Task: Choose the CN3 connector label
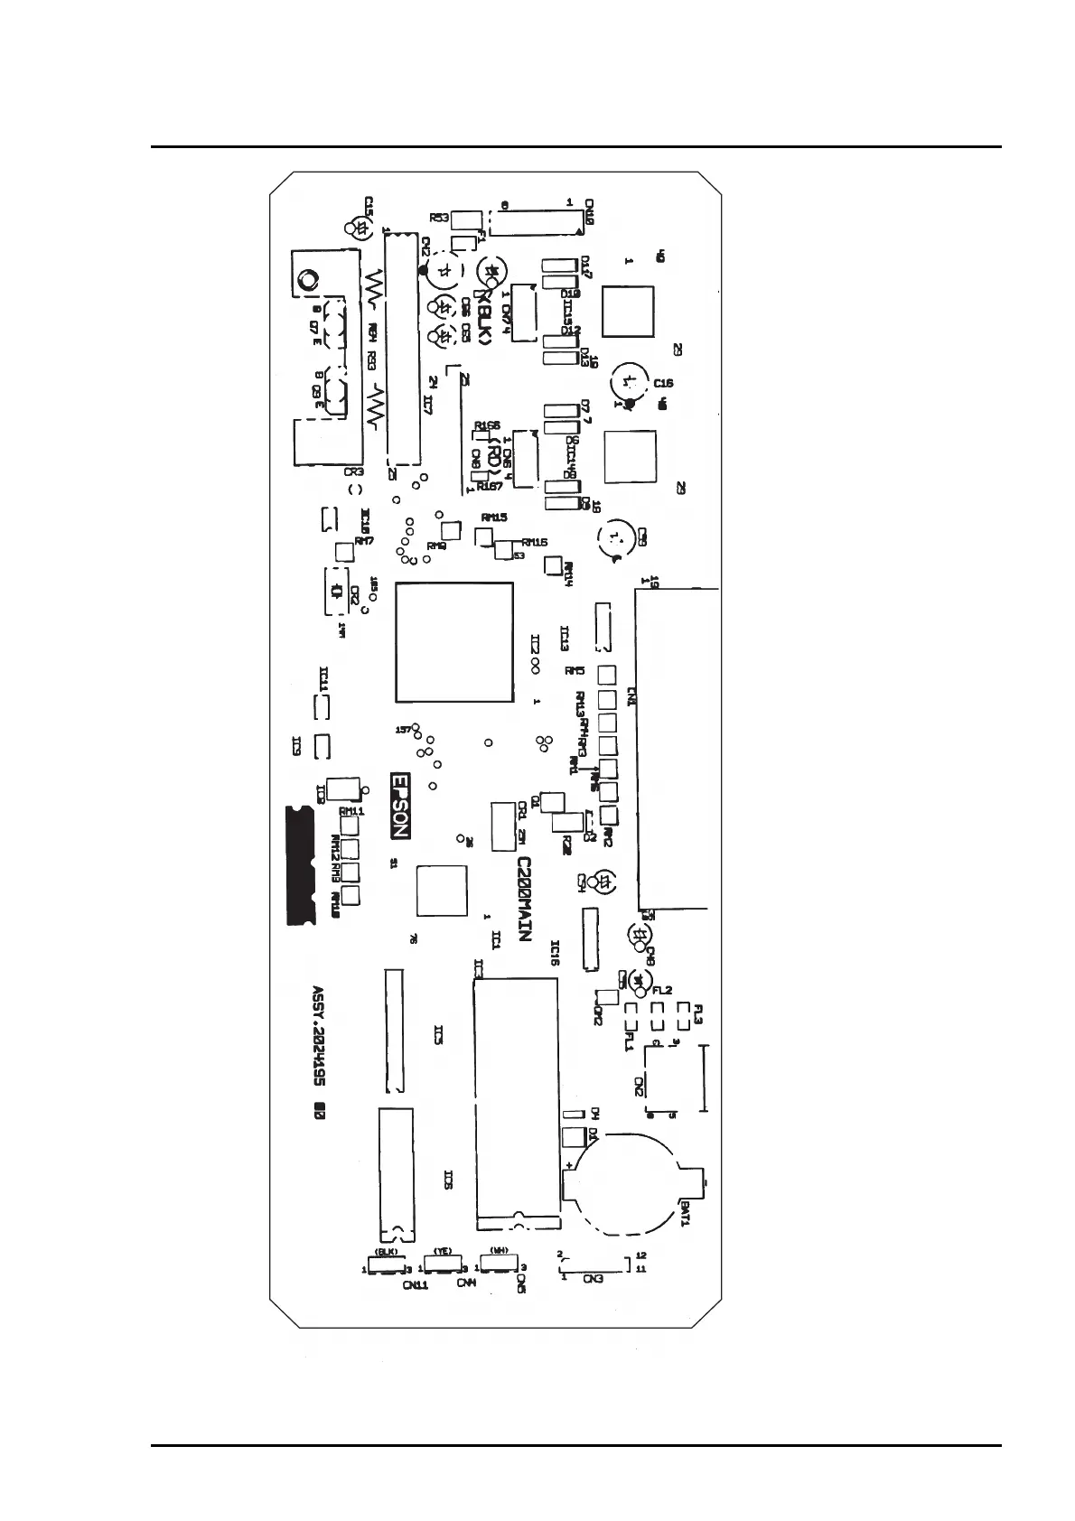[x=593, y=1279]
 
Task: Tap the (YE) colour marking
[x=443, y=1251]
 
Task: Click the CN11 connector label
[x=416, y=1284]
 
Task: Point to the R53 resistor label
[x=439, y=218]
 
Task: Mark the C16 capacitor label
[x=663, y=383]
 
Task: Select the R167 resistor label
[x=490, y=486]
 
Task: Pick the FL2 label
[x=662, y=991]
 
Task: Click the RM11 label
[x=351, y=812]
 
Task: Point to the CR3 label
[x=353, y=471]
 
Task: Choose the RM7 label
[x=364, y=541]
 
